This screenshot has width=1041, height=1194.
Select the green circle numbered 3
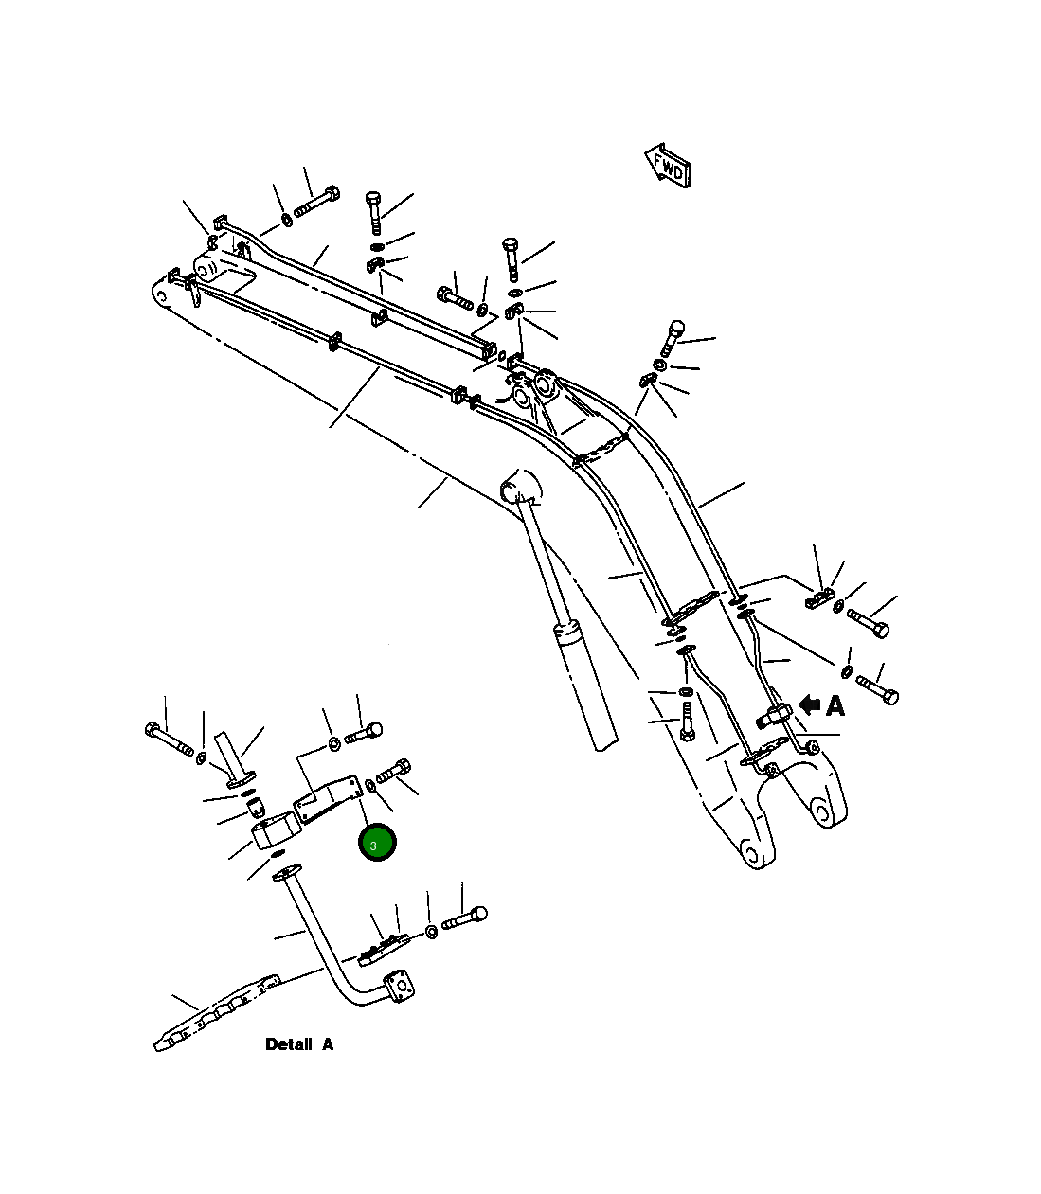[376, 843]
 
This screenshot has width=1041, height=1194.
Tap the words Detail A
[299, 1044]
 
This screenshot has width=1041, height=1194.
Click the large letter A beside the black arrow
[835, 705]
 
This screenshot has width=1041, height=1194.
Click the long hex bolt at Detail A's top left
[170, 740]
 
